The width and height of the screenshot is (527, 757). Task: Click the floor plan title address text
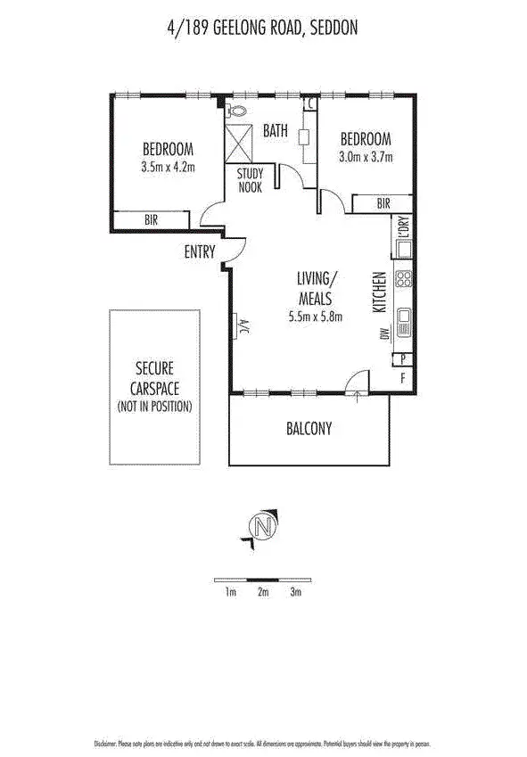point(263,29)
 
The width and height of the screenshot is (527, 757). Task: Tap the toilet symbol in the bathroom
point(236,111)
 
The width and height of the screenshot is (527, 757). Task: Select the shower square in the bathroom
point(239,142)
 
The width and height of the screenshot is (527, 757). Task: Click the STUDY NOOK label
point(250,181)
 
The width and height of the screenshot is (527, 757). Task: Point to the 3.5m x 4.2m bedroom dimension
point(167,166)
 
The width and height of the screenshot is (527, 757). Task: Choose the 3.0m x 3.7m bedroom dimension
point(366,157)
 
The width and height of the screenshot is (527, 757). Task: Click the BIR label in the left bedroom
point(152,220)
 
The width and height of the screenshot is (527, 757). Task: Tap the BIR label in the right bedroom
point(383,204)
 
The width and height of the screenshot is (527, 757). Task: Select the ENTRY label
point(200,252)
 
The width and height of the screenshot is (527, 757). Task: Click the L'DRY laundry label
point(403,233)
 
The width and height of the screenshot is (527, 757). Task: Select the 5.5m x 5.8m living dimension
point(316,316)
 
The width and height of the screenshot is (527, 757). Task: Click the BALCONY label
point(309,429)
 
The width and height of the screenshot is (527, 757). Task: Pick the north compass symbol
point(261,527)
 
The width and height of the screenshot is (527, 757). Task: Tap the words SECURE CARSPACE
point(154,376)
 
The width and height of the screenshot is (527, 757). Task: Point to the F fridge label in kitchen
point(403,378)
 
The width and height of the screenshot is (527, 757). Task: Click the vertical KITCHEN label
point(378,292)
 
